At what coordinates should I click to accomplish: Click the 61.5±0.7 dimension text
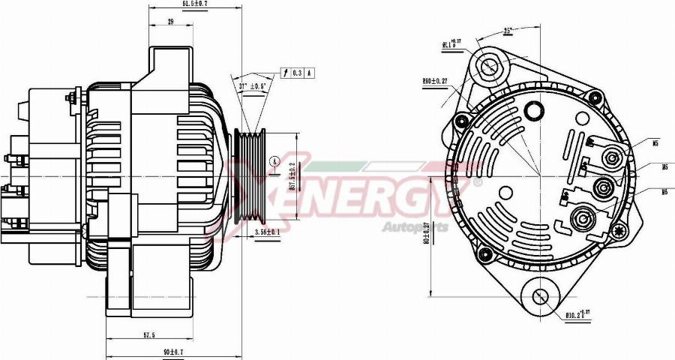(196, 4)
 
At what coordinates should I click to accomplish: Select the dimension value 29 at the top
(170, 22)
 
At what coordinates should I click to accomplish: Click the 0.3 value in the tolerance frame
(298, 73)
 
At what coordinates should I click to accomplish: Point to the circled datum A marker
(275, 161)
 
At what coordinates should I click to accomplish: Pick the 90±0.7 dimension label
(174, 352)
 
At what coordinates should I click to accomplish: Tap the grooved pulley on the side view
(250, 176)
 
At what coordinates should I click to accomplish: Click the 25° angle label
(507, 31)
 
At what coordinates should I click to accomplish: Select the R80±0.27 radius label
(436, 82)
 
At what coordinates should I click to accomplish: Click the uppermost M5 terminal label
(655, 142)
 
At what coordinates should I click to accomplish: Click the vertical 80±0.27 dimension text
(425, 232)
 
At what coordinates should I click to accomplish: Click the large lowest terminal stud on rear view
(582, 219)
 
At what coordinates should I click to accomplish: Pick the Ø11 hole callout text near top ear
(451, 45)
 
